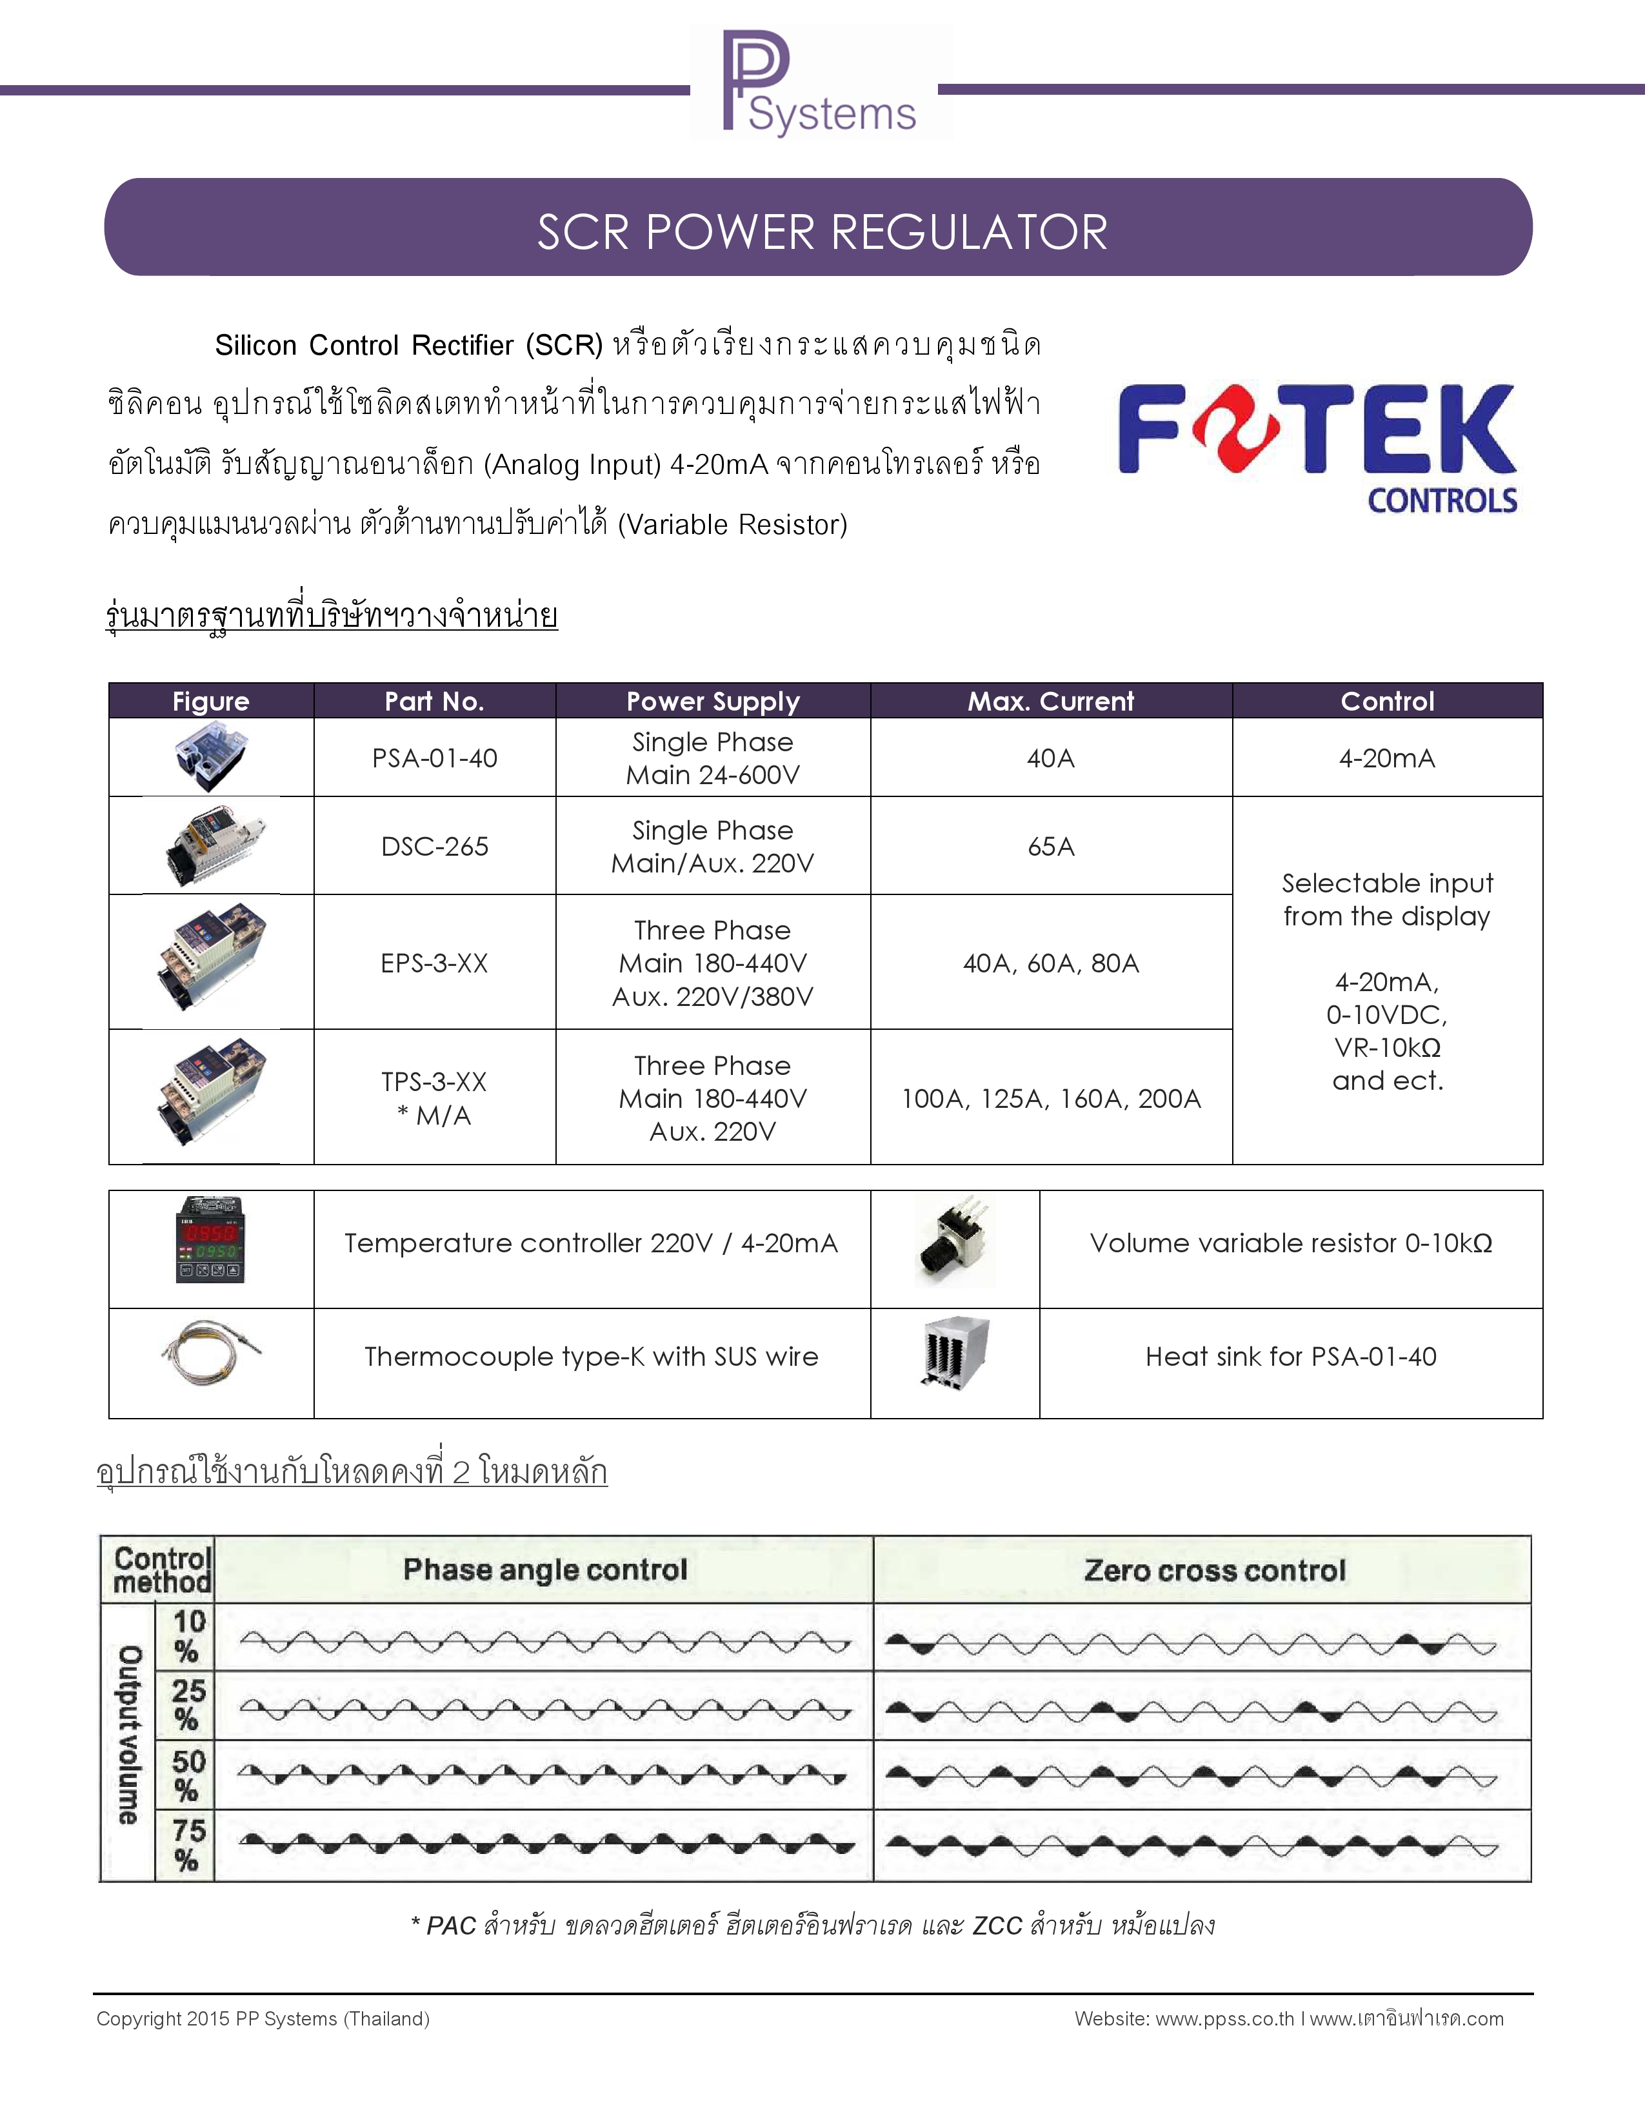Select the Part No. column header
tap(435, 702)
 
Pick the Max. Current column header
tap(1050, 702)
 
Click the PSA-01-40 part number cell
tap(435, 758)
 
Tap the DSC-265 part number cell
tap(435, 847)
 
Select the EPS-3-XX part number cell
tap(435, 963)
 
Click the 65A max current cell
tap(1050, 847)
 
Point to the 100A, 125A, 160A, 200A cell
tap(1050, 1099)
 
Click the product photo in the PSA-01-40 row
tap(210, 757)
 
